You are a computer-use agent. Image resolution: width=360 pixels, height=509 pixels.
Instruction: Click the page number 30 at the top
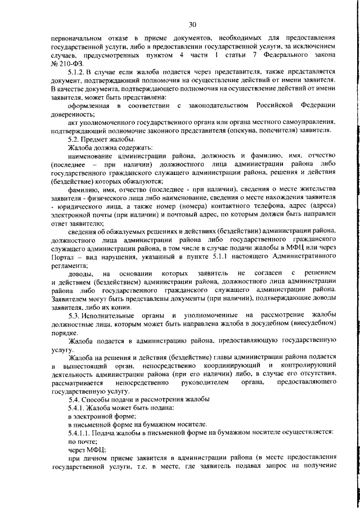click(x=192, y=24)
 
